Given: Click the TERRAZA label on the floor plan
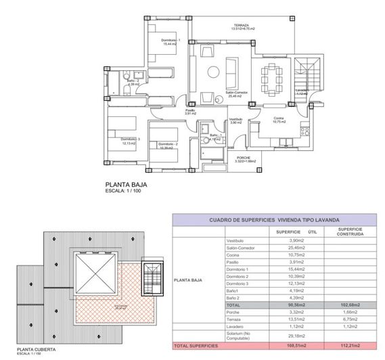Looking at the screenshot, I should coord(240,24).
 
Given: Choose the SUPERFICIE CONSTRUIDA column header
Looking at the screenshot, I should coord(350,231).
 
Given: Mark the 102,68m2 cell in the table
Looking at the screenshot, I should coord(350,305).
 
